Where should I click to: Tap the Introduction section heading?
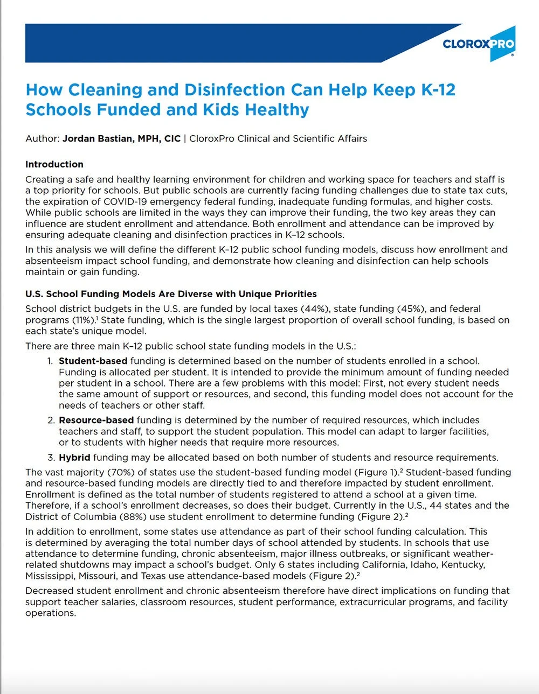(54, 164)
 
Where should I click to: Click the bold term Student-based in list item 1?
(93, 361)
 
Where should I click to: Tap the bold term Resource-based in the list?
(96, 420)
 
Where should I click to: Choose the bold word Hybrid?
(74, 458)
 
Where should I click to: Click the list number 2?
(51, 420)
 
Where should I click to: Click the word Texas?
(154, 576)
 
